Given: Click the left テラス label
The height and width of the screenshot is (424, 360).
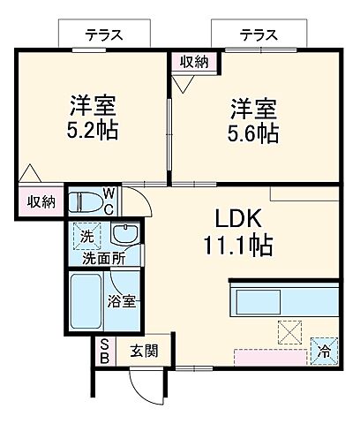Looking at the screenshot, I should (103, 35).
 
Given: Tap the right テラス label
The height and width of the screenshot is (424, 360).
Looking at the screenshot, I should (259, 35).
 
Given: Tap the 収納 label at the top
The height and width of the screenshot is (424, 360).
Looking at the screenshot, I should (194, 62).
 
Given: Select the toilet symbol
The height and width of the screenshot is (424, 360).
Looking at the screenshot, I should (86, 202).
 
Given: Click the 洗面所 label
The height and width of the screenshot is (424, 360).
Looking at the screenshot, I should (103, 259).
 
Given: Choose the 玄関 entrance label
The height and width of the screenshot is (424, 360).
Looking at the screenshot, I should (146, 352).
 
